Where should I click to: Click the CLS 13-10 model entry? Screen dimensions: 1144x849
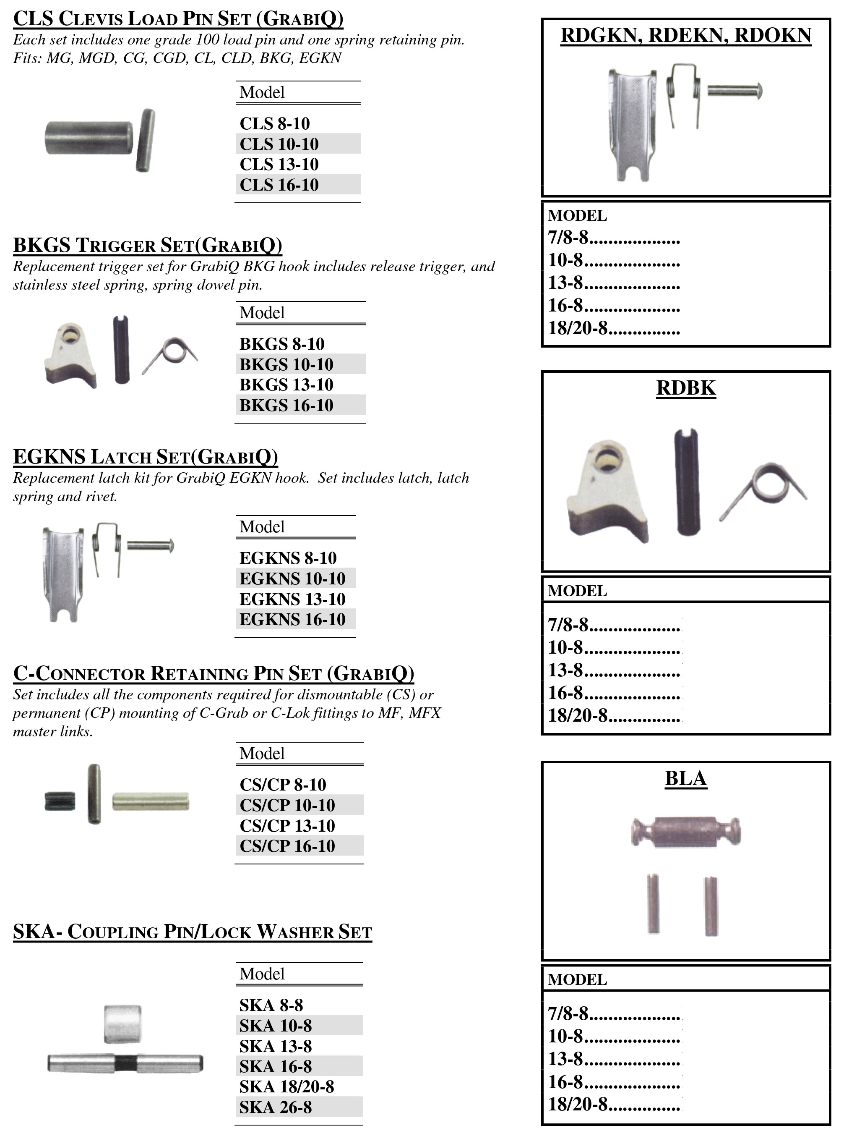pos(279,165)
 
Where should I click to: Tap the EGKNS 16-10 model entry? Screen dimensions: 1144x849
pos(292,619)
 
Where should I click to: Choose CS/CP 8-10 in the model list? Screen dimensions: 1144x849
pos(283,785)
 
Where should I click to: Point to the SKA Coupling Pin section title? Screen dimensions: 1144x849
pos(192,932)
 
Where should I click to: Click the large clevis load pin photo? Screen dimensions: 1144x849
pos(89,137)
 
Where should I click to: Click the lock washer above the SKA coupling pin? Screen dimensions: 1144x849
pos(122,1024)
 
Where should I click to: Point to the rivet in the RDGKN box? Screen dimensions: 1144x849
pos(735,91)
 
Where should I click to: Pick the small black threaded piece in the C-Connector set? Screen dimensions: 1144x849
pos(60,801)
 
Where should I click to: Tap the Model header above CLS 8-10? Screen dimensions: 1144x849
pos(262,93)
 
